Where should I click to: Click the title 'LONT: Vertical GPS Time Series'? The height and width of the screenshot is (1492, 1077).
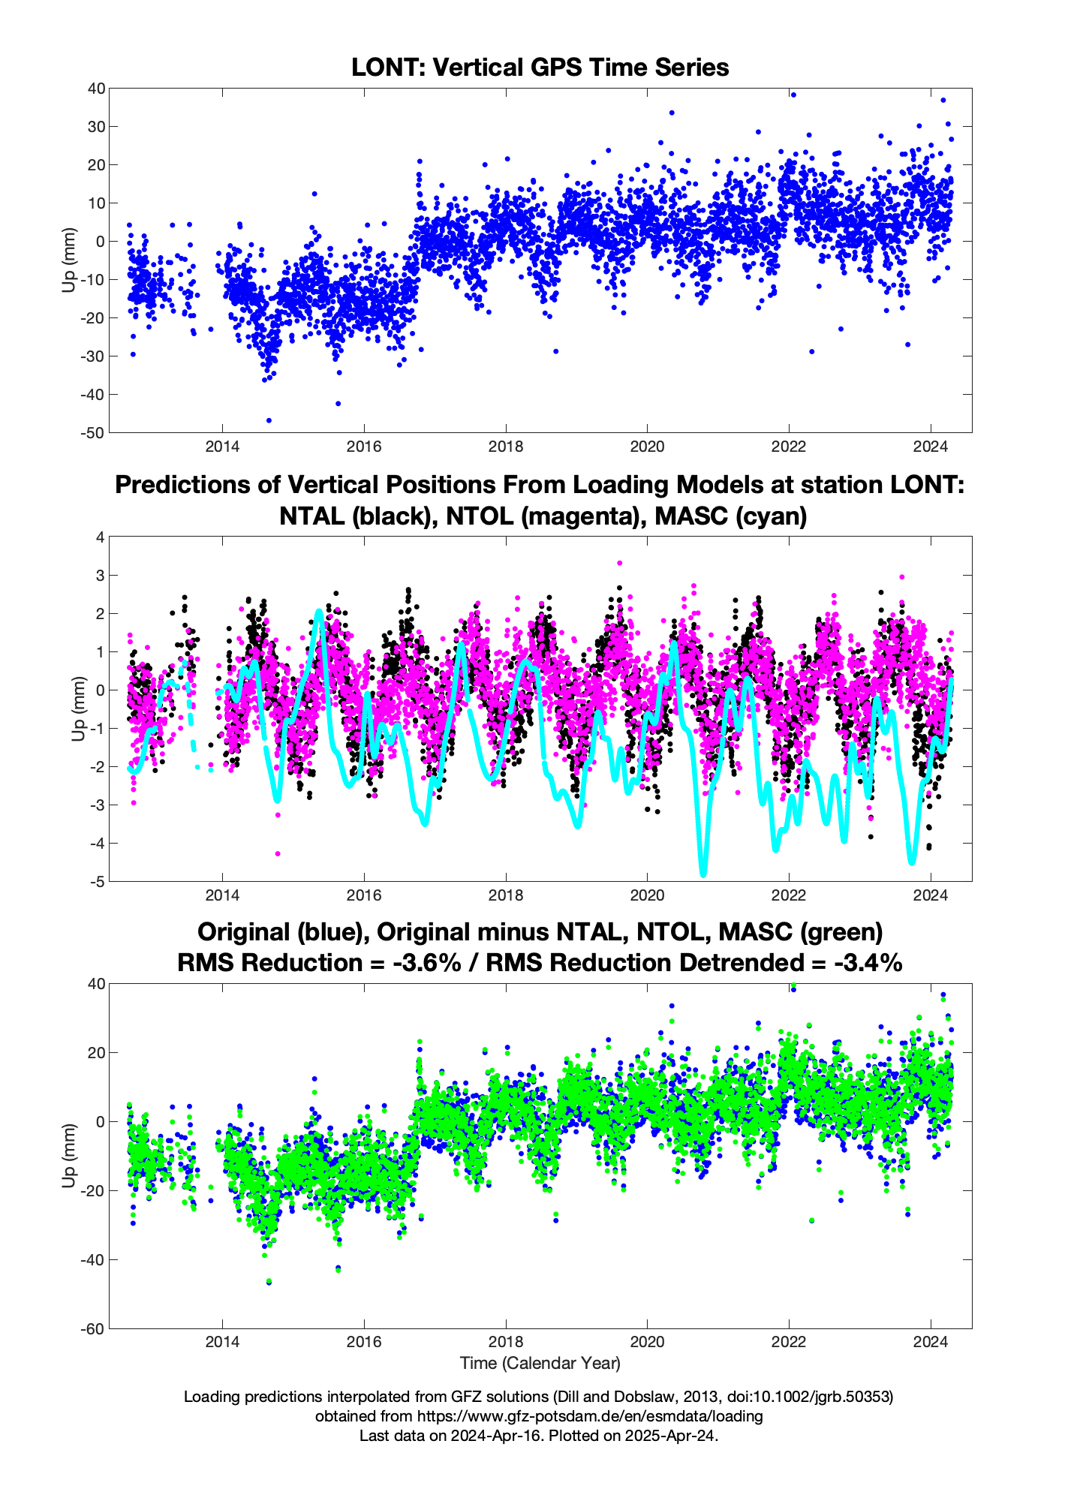pyautogui.click(x=540, y=68)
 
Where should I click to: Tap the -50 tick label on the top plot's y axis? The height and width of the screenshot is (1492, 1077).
pyautogui.click(x=95, y=433)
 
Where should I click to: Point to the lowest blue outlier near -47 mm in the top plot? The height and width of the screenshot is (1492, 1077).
pyautogui.click(x=269, y=420)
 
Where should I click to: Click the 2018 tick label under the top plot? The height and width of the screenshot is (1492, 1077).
pyautogui.click(x=505, y=448)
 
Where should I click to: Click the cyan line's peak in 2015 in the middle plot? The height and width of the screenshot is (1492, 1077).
pyautogui.click(x=319, y=611)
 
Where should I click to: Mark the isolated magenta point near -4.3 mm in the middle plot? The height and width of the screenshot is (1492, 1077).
pyautogui.click(x=277, y=853)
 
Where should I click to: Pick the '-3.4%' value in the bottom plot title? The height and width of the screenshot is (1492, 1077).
pyautogui.click(x=868, y=963)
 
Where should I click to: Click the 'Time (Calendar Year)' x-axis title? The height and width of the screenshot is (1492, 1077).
pyautogui.click(x=540, y=1363)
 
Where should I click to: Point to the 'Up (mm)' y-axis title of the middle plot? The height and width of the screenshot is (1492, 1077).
pyautogui.click(x=78, y=709)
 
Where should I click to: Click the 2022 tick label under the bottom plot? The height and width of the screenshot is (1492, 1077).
pyautogui.click(x=789, y=1344)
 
